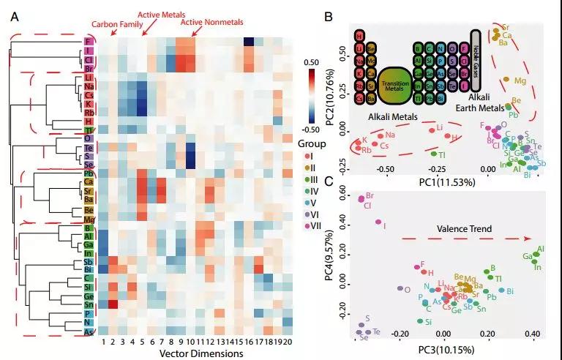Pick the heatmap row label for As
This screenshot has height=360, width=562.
coord(89,331)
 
